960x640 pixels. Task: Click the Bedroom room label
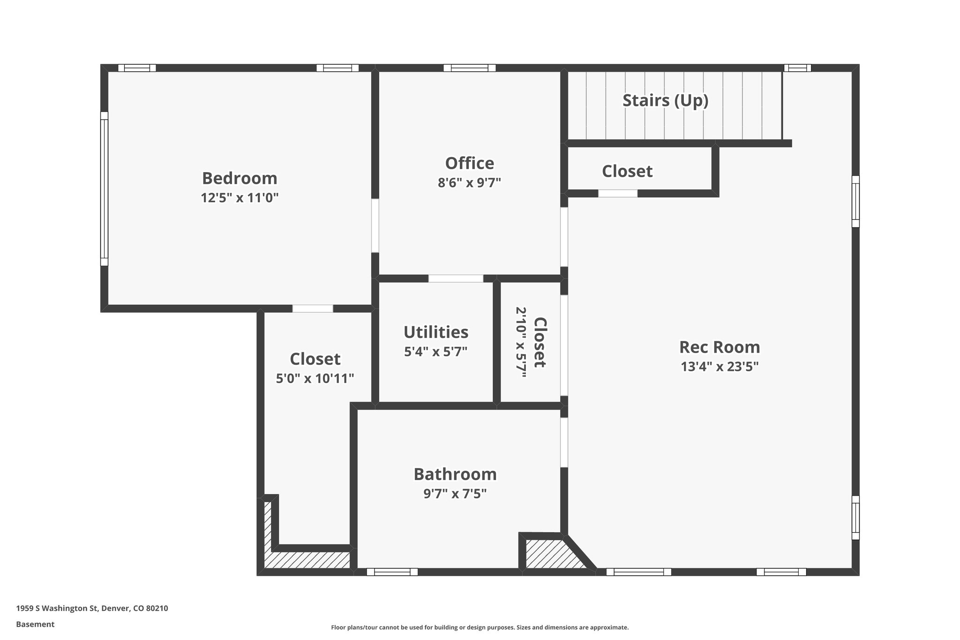pyautogui.click(x=240, y=179)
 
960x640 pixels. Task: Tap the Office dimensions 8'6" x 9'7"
pyautogui.click(x=469, y=183)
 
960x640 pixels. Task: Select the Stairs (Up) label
pyautogui.click(x=665, y=100)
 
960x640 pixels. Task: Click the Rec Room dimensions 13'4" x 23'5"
pyautogui.click(x=719, y=367)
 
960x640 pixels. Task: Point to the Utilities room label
pyautogui.click(x=435, y=332)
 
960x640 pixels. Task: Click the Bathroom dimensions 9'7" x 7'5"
pyautogui.click(x=455, y=494)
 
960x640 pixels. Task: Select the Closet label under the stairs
pyautogui.click(x=627, y=172)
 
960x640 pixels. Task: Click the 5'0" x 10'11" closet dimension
pyautogui.click(x=315, y=378)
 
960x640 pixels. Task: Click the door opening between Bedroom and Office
pyautogui.click(x=375, y=226)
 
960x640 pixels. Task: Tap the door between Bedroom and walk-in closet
pyautogui.click(x=313, y=309)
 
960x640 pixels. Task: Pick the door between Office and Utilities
pyautogui.click(x=456, y=279)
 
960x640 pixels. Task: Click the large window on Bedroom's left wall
pyautogui.click(x=104, y=189)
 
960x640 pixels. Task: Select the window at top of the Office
pyautogui.click(x=469, y=68)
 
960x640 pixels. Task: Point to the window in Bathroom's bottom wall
pyautogui.click(x=392, y=572)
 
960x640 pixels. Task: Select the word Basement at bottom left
pyautogui.click(x=35, y=625)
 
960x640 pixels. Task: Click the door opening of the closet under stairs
pyautogui.click(x=617, y=193)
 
